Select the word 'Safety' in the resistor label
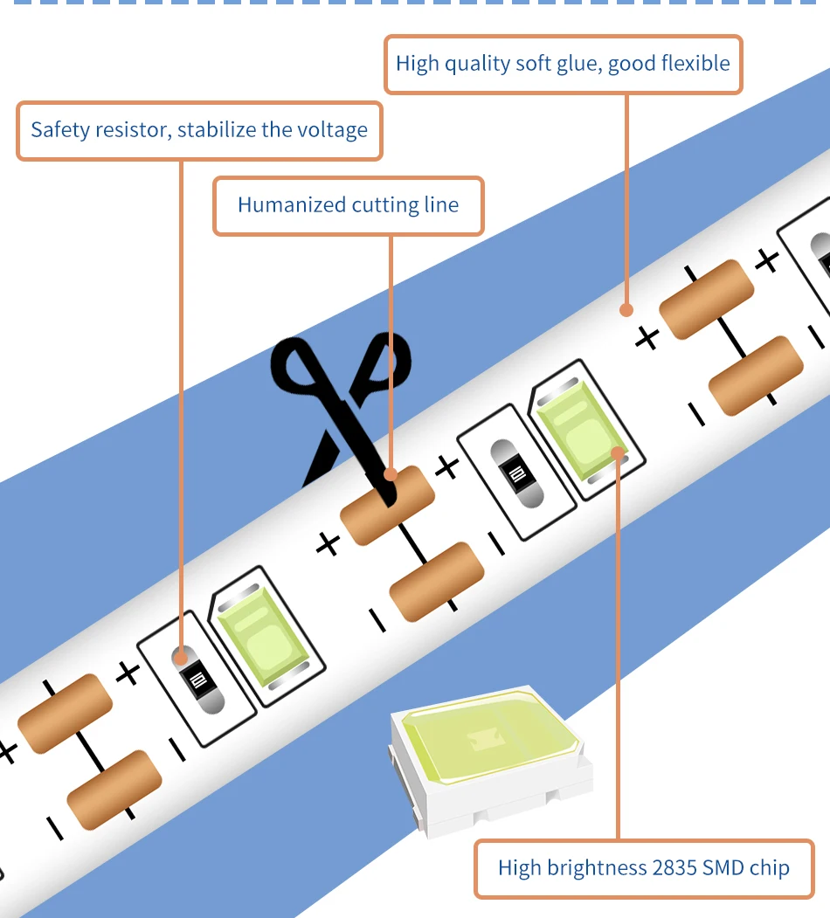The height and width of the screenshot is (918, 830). point(59,130)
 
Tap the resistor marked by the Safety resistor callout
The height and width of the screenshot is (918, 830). point(198,680)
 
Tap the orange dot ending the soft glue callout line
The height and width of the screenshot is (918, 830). point(626,308)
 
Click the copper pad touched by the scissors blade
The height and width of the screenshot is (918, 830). point(387,504)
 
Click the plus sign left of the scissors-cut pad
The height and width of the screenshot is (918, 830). point(328,545)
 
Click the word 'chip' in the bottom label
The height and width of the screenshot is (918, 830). point(770,867)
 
